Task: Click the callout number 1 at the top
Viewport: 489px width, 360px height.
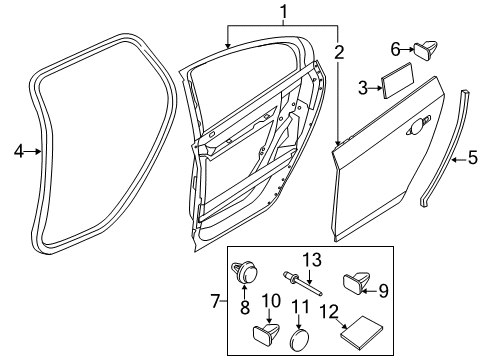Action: click(x=283, y=12)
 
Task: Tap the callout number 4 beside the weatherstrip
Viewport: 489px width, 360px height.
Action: click(x=19, y=151)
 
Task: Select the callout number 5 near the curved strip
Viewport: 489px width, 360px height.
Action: click(x=472, y=157)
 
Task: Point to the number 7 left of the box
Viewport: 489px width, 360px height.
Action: click(x=216, y=301)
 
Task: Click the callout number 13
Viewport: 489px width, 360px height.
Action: click(x=312, y=260)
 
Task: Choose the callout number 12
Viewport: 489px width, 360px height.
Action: click(x=329, y=312)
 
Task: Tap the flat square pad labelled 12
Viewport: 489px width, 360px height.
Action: click(x=362, y=332)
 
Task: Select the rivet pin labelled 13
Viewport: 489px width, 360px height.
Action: click(x=303, y=284)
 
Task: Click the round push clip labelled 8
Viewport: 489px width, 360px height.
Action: click(x=245, y=272)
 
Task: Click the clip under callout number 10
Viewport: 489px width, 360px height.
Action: click(x=266, y=334)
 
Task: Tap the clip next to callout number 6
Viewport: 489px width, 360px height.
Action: click(x=426, y=51)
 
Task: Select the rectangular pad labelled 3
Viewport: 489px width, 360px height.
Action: click(x=397, y=81)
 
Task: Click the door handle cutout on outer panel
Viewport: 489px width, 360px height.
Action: click(x=416, y=128)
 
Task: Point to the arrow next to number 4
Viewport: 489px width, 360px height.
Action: click(x=33, y=151)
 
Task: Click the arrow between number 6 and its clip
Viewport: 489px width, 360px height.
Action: click(x=407, y=50)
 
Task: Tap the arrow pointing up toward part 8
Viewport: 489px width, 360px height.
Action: click(x=245, y=292)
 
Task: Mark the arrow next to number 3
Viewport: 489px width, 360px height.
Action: click(x=375, y=88)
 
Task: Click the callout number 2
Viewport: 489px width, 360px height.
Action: click(x=338, y=53)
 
